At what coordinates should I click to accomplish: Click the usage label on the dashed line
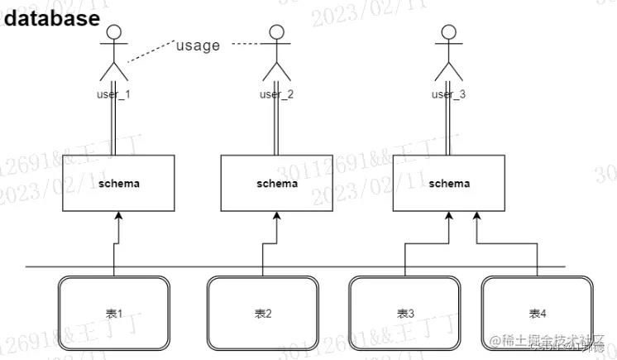coord(198,46)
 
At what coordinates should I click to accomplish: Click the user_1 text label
coord(114,94)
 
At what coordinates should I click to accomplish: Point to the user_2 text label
coord(276,94)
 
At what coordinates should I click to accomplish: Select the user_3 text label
coord(448,94)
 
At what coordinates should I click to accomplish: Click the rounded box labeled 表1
coord(114,314)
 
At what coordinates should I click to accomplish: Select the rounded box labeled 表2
coord(263,314)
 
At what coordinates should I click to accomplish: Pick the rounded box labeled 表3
coord(405,314)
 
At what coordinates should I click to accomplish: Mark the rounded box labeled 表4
coord(538,314)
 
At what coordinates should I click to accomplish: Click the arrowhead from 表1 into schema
coord(119,217)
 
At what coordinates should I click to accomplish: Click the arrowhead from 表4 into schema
coord(476,217)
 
